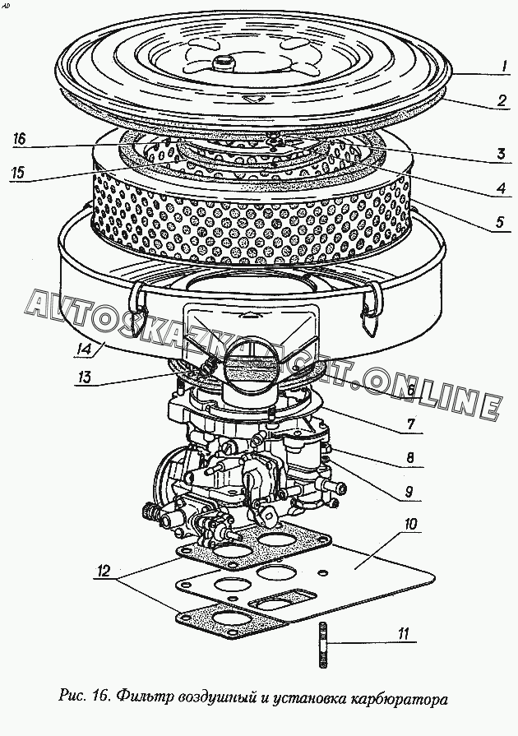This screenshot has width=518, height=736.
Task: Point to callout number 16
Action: (20, 141)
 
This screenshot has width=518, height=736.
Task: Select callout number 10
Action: (410, 523)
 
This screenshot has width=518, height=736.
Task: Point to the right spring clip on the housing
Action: (370, 306)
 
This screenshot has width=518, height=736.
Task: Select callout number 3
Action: (498, 153)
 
